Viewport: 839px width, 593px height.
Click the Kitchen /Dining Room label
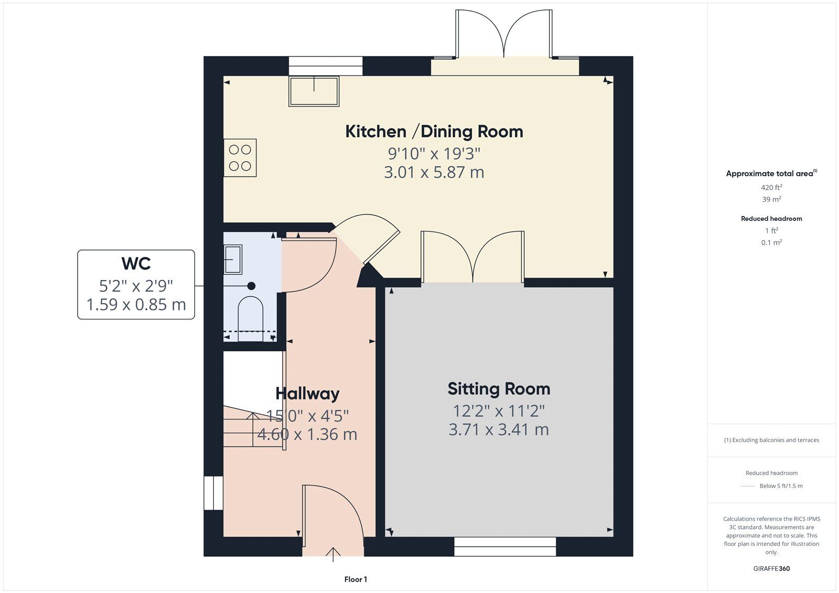434,132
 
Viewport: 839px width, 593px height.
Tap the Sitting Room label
499,389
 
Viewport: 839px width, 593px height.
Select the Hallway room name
307,393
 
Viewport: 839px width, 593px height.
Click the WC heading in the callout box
136,263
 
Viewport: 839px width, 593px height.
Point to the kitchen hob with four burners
240,158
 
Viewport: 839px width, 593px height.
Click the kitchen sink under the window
314,91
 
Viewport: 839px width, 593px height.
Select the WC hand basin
233,259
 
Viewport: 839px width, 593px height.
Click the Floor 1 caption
356,579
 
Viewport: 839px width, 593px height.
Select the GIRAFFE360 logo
771,568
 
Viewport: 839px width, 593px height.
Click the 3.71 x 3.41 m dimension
499,429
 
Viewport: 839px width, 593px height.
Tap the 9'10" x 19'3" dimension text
434,153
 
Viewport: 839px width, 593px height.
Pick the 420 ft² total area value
771,187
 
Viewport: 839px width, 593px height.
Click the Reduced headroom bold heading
771,219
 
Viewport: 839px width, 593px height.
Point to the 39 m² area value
771,199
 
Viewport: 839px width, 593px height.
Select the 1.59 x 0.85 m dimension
136,304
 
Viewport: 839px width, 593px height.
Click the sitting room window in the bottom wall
505,546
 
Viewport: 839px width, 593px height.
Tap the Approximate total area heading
771,173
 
